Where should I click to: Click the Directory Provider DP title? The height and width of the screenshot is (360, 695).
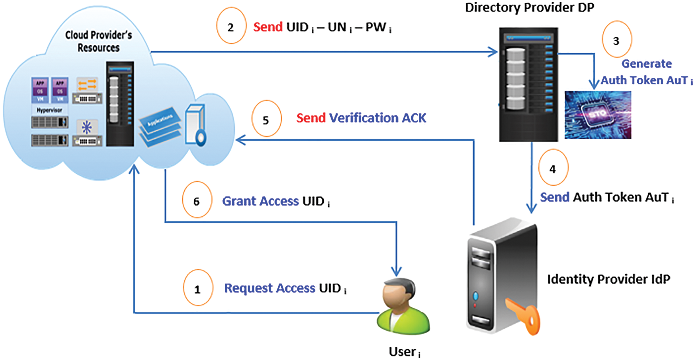[529, 8]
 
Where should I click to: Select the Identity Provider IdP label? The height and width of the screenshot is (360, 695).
[608, 279]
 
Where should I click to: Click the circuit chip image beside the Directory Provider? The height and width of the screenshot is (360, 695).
[598, 115]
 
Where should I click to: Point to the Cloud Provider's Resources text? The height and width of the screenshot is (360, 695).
[99, 41]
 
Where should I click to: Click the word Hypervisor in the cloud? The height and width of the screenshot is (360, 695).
[50, 110]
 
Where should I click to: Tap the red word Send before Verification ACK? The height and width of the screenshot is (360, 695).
[311, 118]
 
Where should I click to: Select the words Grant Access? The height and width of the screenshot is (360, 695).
[260, 201]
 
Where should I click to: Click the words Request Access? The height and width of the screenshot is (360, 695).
[269, 288]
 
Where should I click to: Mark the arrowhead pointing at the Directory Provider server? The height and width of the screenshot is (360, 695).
[493, 52]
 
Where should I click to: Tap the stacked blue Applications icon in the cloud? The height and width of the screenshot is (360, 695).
[160, 126]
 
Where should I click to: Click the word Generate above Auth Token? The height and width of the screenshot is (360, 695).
[646, 64]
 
